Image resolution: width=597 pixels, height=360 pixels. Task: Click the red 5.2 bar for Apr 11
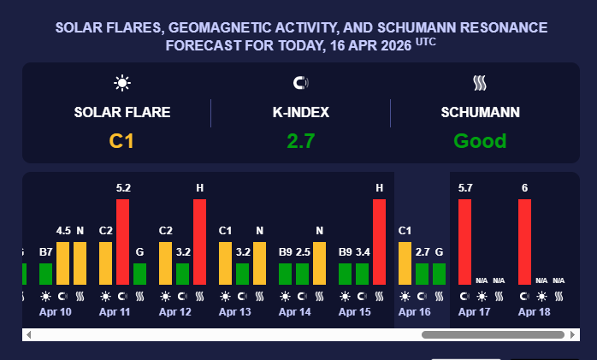[x=122, y=241]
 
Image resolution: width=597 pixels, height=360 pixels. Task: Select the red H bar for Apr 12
[x=199, y=241]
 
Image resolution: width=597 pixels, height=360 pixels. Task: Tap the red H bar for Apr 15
[x=379, y=241]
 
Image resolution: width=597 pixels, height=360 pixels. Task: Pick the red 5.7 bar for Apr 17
[x=464, y=241]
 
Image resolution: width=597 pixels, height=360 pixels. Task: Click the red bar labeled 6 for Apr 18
[x=524, y=241]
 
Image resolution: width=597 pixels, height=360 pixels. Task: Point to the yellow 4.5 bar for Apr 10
[x=62, y=263]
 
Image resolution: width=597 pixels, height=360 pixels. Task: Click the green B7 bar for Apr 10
[x=45, y=274]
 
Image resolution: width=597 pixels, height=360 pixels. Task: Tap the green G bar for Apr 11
[x=139, y=274]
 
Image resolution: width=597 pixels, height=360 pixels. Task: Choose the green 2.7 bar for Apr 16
[x=422, y=274]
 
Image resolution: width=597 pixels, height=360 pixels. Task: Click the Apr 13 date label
[x=234, y=311]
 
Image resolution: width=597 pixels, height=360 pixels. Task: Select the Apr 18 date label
[x=534, y=311]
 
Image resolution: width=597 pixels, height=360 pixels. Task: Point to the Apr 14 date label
[x=294, y=311]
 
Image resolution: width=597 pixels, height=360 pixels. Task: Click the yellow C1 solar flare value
[x=122, y=141]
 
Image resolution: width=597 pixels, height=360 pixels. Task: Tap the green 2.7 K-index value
[x=300, y=141]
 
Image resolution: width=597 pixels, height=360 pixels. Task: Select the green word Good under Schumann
[x=480, y=141]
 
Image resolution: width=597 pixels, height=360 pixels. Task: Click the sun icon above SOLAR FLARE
[x=122, y=83]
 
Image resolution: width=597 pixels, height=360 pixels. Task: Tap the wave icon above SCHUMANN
[x=480, y=83]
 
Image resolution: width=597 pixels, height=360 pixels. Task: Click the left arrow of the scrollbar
[x=28, y=334]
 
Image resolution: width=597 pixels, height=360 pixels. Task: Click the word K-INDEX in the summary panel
[x=300, y=112]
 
